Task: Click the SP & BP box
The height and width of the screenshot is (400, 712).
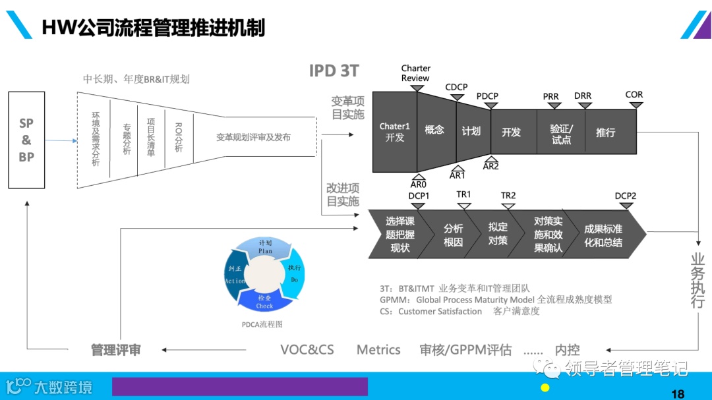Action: coord(26,140)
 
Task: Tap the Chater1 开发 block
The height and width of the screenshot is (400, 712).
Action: coord(394,132)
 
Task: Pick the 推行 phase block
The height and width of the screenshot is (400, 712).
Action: coord(605,132)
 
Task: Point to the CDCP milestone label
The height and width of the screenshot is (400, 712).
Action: coord(456,87)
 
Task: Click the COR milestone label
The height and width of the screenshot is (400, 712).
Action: coord(634,95)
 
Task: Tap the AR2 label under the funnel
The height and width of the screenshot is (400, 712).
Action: coord(490,166)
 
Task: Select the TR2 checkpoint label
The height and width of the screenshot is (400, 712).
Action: coord(508,195)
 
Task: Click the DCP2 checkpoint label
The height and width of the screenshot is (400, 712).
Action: coord(626,196)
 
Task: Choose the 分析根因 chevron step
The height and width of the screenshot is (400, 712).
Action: coord(453,235)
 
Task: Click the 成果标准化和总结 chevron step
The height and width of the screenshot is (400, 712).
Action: coord(603,235)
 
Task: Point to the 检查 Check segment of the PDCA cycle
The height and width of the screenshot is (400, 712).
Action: coord(265,301)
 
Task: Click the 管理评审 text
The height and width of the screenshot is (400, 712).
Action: coord(116,350)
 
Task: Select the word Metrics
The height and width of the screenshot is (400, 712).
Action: coord(378,350)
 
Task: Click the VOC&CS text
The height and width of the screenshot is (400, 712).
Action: coord(307,350)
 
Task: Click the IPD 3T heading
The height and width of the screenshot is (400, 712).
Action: coord(334,71)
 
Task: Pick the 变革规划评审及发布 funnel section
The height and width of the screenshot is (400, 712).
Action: coord(253,138)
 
